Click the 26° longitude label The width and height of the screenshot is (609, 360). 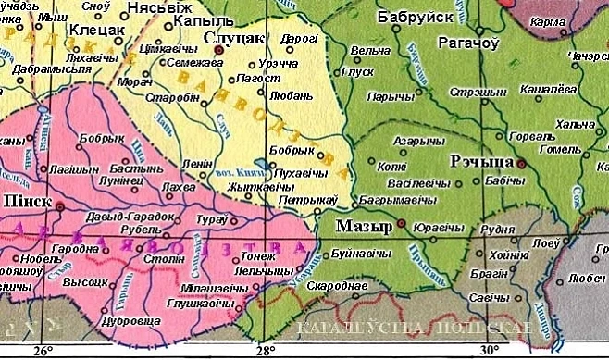[43, 350]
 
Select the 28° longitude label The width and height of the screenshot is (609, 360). [267, 350]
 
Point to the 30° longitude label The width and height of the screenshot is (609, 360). [489, 350]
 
